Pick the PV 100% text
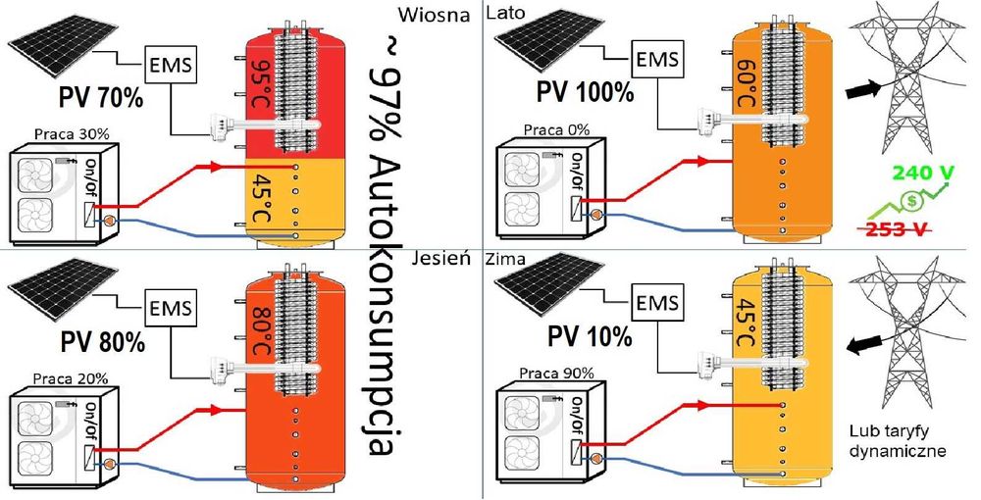(x=585, y=92)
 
